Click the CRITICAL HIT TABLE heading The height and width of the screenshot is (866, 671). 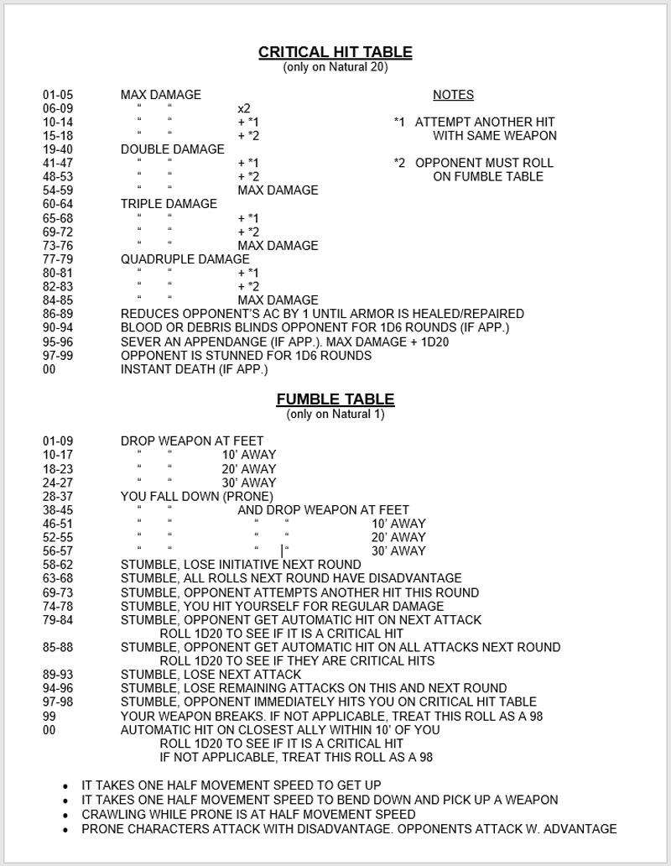pyautogui.click(x=335, y=52)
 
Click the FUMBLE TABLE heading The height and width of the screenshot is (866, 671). pyautogui.click(x=335, y=399)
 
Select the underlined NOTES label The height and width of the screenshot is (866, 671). pyautogui.click(x=453, y=95)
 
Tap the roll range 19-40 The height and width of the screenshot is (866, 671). pyautogui.click(x=58, y=149)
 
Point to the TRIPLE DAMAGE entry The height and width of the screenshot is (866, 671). pyautogui.click(x=169, y=204)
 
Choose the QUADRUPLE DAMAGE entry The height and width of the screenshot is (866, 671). pyautogui.click(x=185, y=259)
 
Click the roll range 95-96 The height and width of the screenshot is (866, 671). pyautogui.click(x=58, y=342)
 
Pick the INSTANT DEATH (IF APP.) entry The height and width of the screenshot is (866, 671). pyautogui.click(x=194, y=369)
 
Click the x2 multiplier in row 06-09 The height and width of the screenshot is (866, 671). pyautogui.click(x=244, y=108)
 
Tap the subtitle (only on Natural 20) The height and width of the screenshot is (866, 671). pyautogui.click(x=335, y=67)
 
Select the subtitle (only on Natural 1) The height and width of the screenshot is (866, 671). pyautogui.click(x=335, y=415)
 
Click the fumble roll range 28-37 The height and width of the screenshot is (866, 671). pyautogui.click(x=58, y=496)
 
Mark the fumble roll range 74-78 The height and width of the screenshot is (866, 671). pyautogui.click(x=58, y=606)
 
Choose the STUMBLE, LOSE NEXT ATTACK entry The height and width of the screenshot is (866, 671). pyautogui.click(x=211, y=675)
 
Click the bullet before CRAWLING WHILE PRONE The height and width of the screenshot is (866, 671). pyautogui.click(x=66, y=815)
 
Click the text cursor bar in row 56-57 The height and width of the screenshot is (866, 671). pyautogui.click(x=283, y=550)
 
